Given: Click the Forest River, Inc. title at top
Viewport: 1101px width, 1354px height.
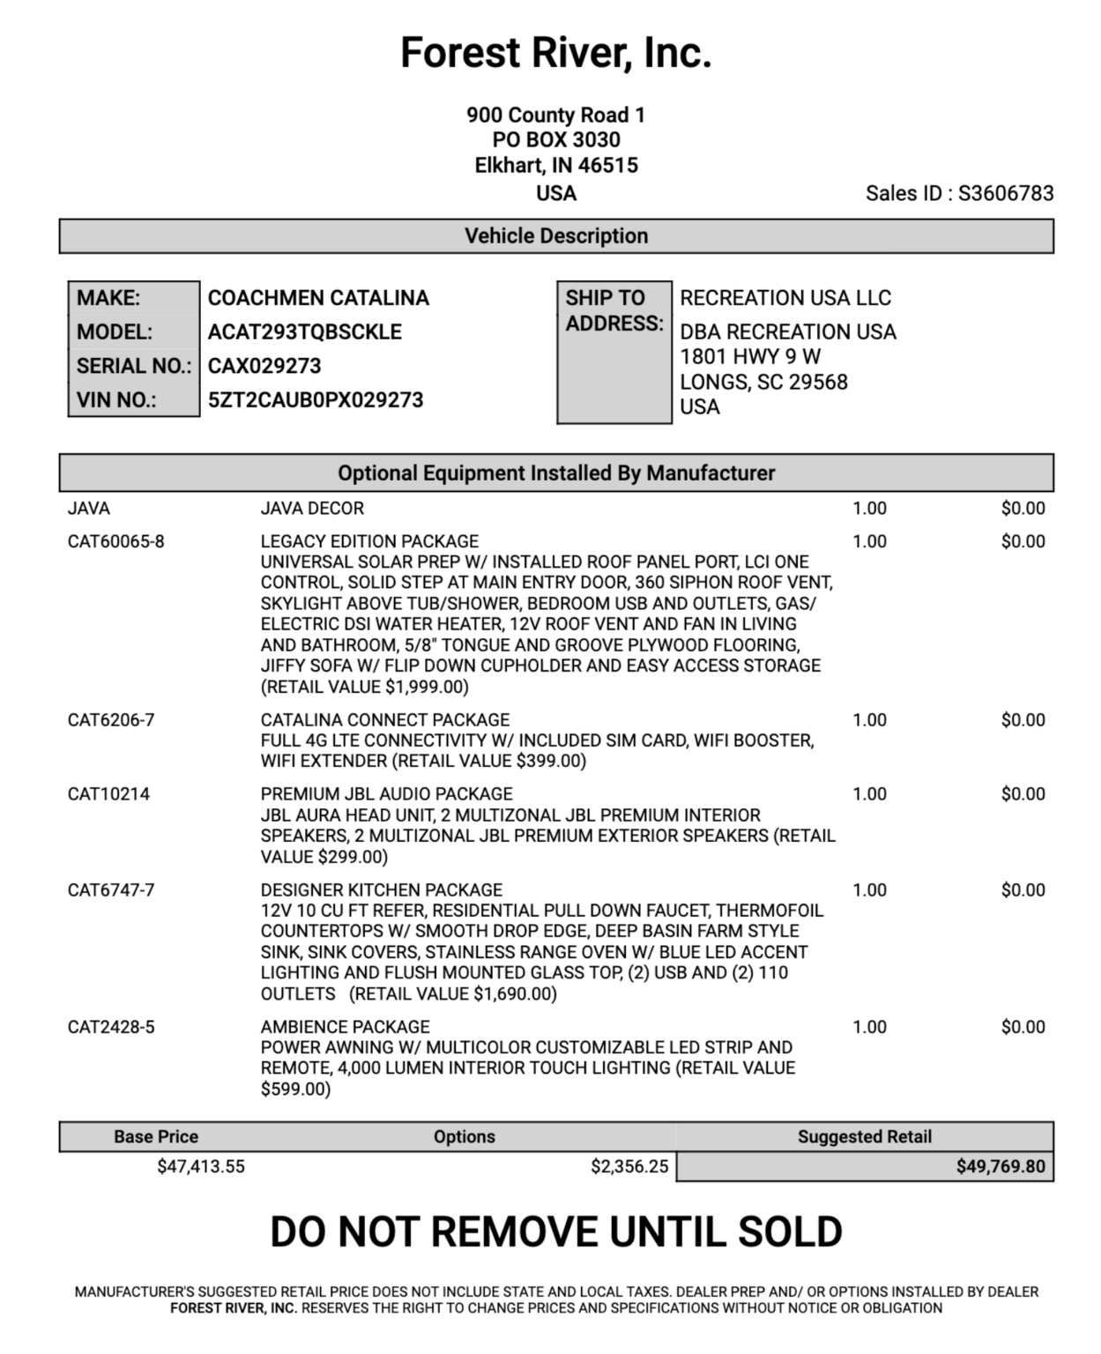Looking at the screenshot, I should [x=555, y=53].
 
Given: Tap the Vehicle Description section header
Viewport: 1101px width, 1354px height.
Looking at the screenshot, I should [x=555, y=236].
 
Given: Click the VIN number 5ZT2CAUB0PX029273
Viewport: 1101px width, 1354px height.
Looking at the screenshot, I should [x=316, y=400].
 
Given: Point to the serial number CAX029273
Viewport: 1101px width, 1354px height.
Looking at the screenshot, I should [x=264, y=366].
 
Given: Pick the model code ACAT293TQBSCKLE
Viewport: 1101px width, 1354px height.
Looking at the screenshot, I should [x=304, y=332].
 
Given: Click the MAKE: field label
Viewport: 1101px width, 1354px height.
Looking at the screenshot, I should [x=108, y=298].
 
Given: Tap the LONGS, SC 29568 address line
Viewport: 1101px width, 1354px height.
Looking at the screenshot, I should [x=763, y=382].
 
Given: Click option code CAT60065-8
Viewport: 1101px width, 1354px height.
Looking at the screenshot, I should [x=115, y=541].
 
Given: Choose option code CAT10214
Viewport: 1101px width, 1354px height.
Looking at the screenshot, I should [x=108, y=794].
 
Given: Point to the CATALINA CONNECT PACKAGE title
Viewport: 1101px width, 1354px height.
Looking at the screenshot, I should [x=384, y=720].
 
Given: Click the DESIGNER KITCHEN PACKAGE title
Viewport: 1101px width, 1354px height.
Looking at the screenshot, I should [x=381, y=890].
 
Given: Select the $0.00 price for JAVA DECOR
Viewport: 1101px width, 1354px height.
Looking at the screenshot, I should [x=1023, y=509].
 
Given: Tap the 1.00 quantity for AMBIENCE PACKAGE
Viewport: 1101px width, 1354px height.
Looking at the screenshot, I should [x=869, y=1027].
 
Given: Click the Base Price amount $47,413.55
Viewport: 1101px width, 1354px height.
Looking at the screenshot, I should [x=201, y=1167].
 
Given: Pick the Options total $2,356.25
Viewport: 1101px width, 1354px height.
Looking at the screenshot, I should [x=629, y=1167].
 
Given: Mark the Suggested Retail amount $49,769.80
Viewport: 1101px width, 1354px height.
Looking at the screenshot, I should [x=1001, y=1167].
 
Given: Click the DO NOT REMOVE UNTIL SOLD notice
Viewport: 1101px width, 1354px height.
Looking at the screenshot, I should [x=555, y=1231].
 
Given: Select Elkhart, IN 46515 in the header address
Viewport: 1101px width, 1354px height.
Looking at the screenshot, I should [x=555, y=166].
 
